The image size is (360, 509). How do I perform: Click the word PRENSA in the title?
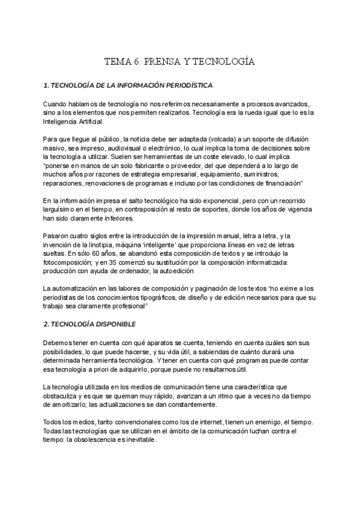click(163, 62)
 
